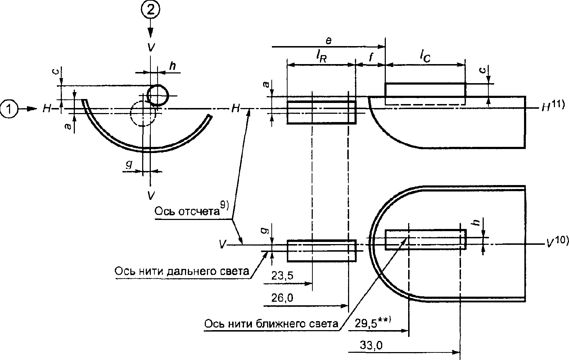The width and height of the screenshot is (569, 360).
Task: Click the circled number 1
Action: tap(9, 109)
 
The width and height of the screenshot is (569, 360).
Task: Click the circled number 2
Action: tap(151, 10)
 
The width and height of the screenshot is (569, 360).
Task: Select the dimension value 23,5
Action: tap(282, 275)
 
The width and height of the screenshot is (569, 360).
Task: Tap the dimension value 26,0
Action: tap(282, 297)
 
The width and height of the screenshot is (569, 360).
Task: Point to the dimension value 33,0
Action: tap(371, 345)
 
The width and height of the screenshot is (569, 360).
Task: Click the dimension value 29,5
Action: tap(366, 324)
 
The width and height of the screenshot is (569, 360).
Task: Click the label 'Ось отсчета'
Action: tap(187, 211)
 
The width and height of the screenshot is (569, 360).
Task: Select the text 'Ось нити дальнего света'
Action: tap(182, 271)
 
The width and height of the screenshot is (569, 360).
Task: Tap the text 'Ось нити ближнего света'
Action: tap(271, 324)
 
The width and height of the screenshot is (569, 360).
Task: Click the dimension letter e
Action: tap(329, 41)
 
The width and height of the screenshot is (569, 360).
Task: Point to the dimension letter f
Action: tap(371, 57)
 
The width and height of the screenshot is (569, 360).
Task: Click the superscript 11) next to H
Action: tap(558, 105)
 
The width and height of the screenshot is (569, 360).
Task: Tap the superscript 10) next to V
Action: tap(561, 240)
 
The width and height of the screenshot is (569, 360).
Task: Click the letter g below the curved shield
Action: tap(129, 165)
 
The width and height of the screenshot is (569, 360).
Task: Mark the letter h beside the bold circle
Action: tap(172, 66)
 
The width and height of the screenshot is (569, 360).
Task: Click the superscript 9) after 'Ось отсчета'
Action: tap(225, 205)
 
